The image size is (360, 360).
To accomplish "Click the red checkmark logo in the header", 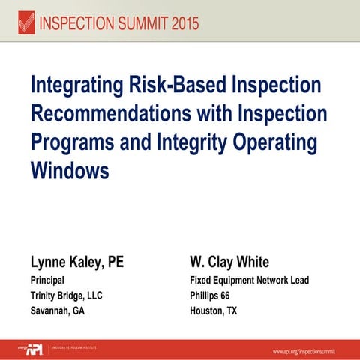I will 26,23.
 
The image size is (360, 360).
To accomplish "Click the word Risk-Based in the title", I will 181,85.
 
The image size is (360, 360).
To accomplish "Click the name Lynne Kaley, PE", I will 76,262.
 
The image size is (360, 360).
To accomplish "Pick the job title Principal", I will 46,280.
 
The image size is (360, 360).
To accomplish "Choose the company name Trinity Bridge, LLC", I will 66,295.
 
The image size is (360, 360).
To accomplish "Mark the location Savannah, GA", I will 57,310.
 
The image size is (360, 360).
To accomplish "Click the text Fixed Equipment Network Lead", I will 250,280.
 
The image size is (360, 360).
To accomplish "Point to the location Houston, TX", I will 214,310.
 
